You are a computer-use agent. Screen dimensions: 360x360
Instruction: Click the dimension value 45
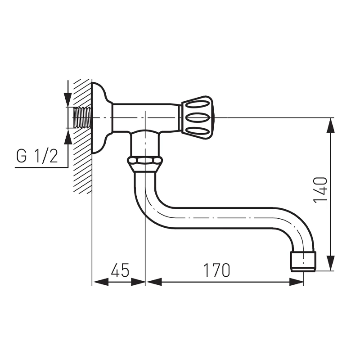[x=120, y=270]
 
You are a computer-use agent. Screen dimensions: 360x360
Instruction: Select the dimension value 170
[x=216, y=270]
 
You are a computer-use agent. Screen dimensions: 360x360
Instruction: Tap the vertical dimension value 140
[x=320, y=190]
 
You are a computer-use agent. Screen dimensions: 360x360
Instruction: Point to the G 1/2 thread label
[x=37, y=156]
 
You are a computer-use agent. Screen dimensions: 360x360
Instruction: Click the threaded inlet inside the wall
[x=82, y=117]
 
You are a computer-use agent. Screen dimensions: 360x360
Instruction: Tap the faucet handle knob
[x=197, y=117]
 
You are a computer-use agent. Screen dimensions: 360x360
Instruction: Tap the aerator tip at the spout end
[x=303, y=261]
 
